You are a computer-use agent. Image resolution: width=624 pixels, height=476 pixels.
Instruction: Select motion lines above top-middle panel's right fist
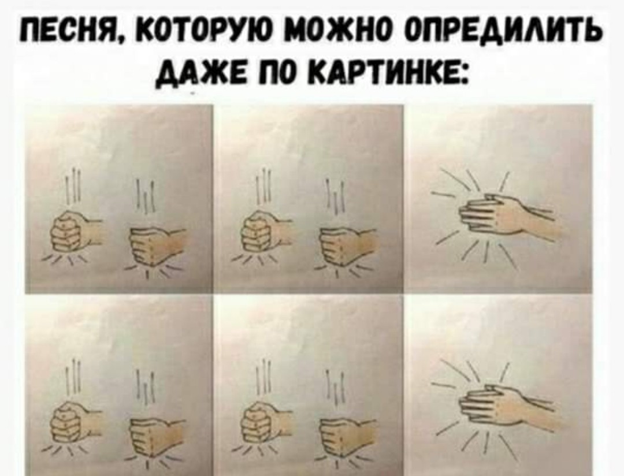point(333,196)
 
